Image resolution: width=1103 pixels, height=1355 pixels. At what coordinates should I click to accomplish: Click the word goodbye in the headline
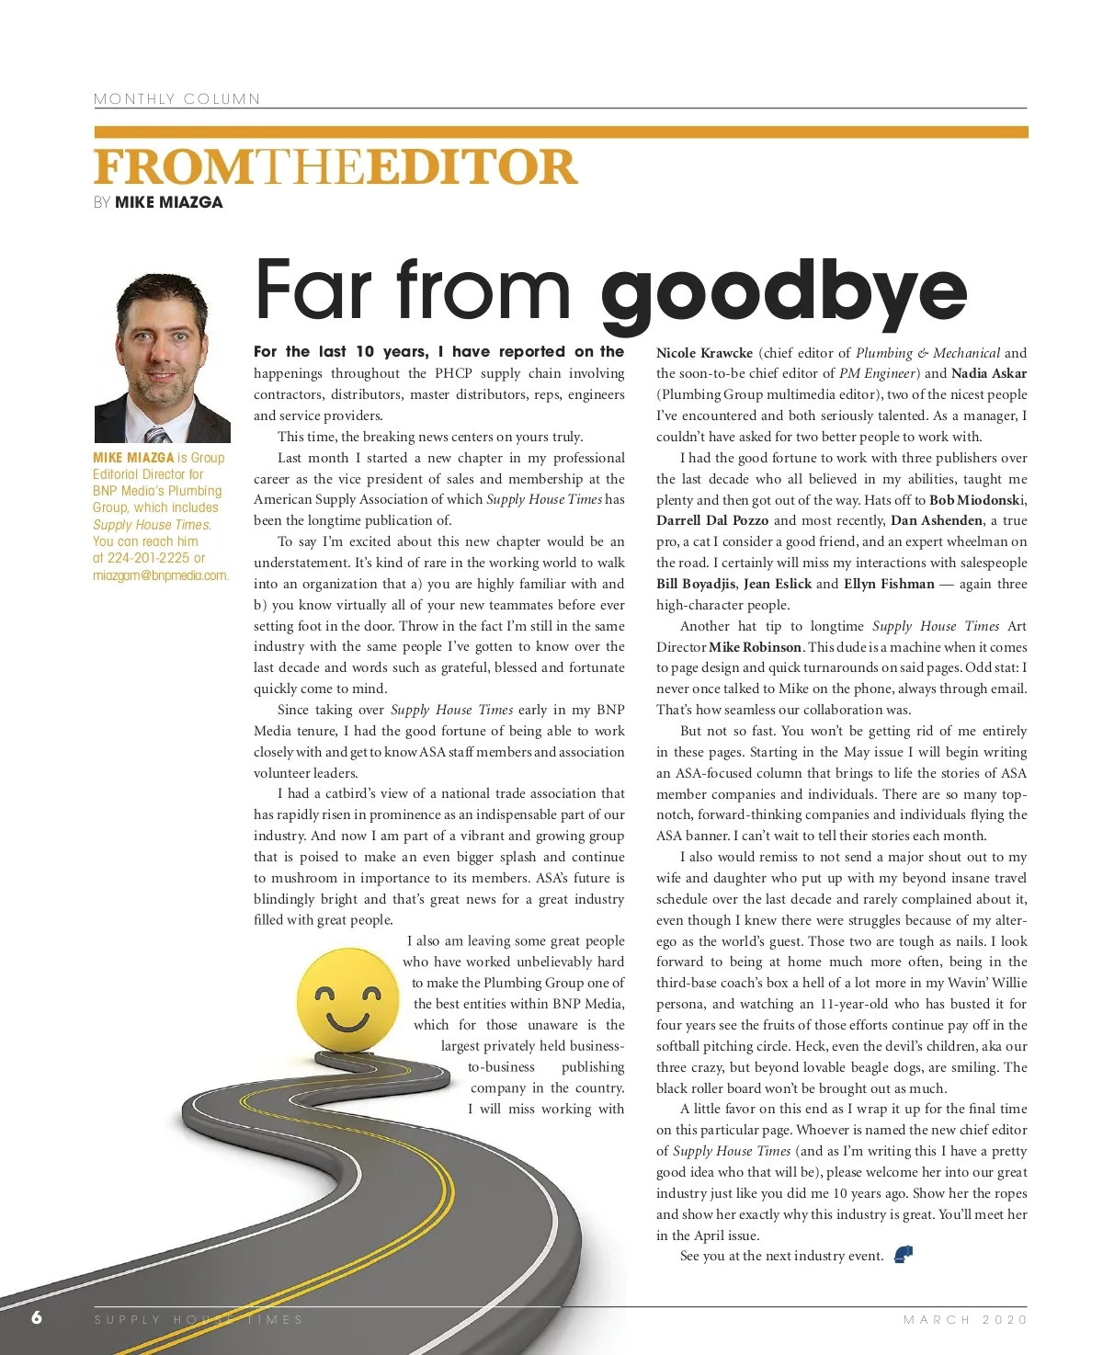pos(783,292)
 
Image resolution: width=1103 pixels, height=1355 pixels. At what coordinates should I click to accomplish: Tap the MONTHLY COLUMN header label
pos(176,99)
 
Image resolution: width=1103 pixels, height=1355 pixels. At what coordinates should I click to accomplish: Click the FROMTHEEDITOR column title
pos(335,167)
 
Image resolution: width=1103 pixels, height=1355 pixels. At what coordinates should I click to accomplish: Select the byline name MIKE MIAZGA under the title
pos(168,202)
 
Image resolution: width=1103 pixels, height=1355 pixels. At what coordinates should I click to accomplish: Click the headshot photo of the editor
pos(162,358)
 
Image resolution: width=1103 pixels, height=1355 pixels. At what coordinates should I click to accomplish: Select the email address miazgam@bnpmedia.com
pos(160,575)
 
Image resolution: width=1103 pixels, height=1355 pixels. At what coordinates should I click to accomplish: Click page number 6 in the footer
pos(37,1317)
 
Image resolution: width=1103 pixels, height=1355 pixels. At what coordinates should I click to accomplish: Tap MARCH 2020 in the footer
pos(965,1319)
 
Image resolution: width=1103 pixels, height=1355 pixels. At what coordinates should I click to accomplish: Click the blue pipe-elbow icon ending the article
pos(904,1255)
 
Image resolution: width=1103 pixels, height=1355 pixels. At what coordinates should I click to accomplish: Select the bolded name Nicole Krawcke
pos(704,353)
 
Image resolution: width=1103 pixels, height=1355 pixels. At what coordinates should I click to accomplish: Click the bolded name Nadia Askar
pos(989,373)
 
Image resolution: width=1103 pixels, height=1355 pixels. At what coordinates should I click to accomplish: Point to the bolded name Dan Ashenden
pos(937,520)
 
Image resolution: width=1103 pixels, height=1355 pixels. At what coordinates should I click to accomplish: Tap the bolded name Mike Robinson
pos(755,647)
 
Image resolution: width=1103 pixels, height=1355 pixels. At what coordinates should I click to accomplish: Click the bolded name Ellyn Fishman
pos(889,584)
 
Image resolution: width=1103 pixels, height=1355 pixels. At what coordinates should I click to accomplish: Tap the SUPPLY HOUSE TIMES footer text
pos(199,1319)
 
